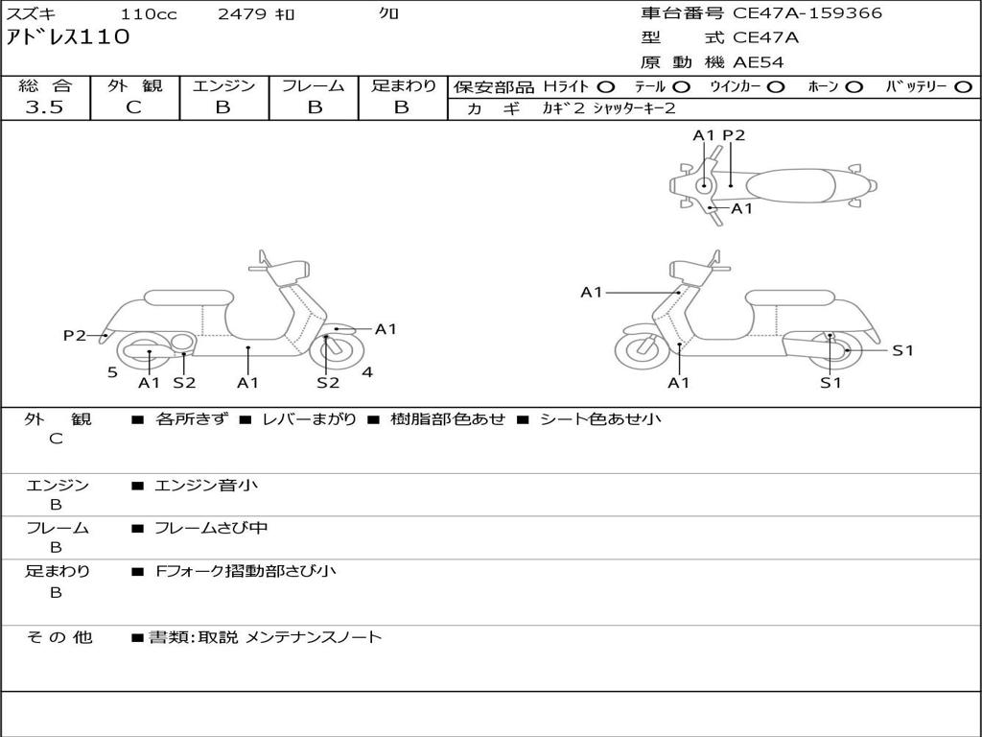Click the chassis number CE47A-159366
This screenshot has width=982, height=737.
807,13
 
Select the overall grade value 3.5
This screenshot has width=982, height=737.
44,107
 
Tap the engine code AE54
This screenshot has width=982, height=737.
759,62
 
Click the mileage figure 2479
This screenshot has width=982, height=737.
244,14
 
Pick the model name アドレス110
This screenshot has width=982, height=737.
67,38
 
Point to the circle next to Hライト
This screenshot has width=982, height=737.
605,86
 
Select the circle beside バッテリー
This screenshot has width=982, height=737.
964,86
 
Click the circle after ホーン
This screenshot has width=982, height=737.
853,86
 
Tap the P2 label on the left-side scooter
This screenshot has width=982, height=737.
75,336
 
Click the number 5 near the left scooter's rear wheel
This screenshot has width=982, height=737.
112,372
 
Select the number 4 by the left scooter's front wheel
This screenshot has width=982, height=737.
367,372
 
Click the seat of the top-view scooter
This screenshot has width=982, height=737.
790,185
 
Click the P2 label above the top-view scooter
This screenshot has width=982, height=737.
734,135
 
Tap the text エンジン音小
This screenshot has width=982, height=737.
206,486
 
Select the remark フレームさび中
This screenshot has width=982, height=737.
211,528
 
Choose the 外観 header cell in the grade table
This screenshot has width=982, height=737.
135,85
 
